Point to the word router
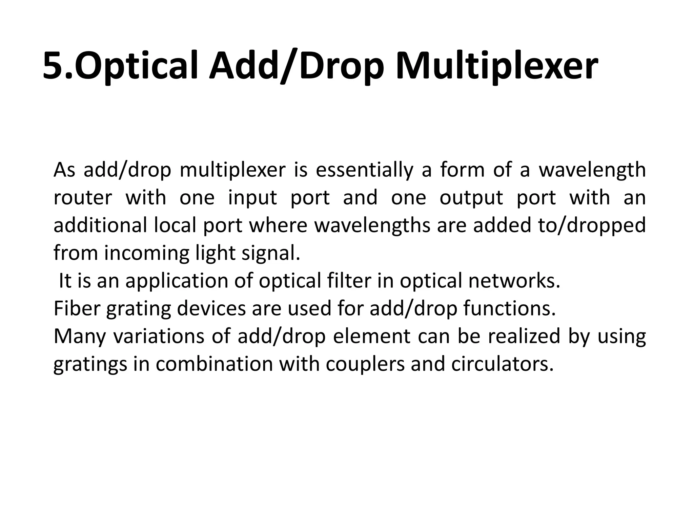pos(83,198)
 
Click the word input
pos(252,198)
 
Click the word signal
pos(271,253)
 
